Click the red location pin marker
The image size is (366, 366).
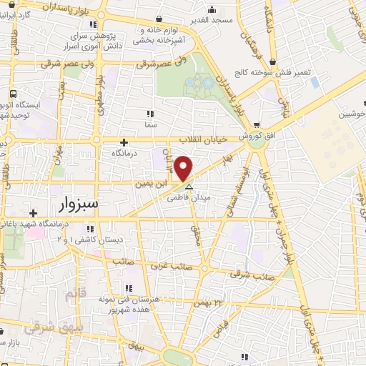click(184, 169)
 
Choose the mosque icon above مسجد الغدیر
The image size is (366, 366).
click(212, 10)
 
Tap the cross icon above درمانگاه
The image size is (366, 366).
click(124, 142)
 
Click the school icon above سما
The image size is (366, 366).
click(149, 113)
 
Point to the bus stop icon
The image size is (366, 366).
click(14, 94)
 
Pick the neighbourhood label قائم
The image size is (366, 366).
click(73, 294)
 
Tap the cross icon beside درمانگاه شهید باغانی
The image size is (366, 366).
click(33, 213)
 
